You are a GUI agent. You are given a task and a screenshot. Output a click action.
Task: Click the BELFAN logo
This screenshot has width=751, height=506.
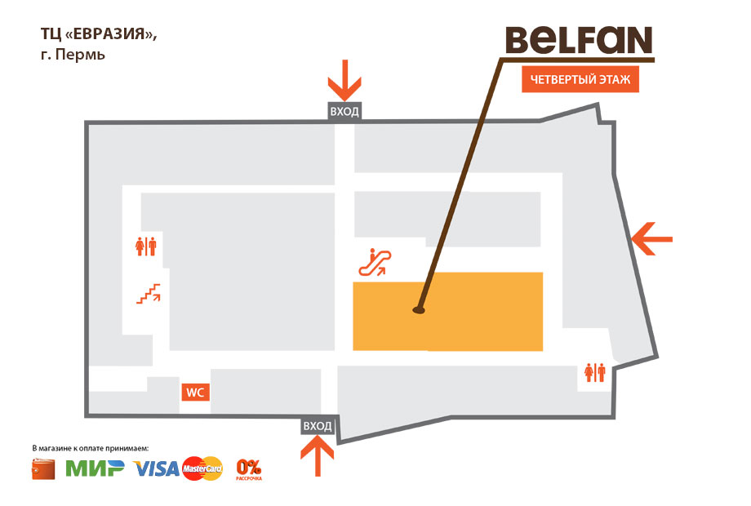tap(579, 40)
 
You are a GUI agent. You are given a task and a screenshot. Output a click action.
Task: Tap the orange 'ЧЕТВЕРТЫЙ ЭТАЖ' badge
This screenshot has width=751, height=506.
tap(580, 79)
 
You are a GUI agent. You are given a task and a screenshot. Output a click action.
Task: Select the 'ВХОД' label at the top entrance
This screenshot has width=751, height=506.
tap(344, 112)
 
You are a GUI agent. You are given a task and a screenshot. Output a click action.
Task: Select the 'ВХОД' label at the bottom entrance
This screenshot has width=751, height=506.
tap(317, 425)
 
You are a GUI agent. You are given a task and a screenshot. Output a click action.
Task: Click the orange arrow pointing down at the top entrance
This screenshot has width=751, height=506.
tap(344, 81)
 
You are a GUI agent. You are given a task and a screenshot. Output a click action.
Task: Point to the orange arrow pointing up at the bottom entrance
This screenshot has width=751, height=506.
tap(317, 457)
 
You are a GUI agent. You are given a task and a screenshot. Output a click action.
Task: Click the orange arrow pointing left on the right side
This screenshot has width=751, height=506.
tap(652, 239)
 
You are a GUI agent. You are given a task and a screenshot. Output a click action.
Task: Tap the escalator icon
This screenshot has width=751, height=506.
tap(375, 262)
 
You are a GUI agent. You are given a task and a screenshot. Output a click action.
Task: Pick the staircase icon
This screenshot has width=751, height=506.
tap(149, 294)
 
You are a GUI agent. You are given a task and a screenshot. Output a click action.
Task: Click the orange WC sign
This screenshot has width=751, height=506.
tap(195, 393)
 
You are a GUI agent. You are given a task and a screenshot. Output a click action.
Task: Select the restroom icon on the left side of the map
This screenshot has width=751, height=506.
tap(146, 247)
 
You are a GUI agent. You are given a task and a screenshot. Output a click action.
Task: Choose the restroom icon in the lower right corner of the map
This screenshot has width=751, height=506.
tap(595, 372)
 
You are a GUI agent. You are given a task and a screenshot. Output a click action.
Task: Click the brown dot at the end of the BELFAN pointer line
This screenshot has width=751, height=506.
tap(419, 310)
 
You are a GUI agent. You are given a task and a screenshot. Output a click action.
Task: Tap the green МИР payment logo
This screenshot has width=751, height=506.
tap(95, 468)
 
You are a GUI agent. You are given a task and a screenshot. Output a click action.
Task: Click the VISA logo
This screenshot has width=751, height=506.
tap(156, 469)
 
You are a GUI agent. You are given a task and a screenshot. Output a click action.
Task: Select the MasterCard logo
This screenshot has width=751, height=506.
tap(202, 468)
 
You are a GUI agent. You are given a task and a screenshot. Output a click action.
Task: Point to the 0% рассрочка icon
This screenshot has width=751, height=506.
tap(249, 469)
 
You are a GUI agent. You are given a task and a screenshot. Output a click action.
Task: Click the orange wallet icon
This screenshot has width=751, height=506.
tap(43, 469)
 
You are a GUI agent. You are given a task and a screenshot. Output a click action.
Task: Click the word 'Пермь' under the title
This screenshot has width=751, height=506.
tap(80, 55)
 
